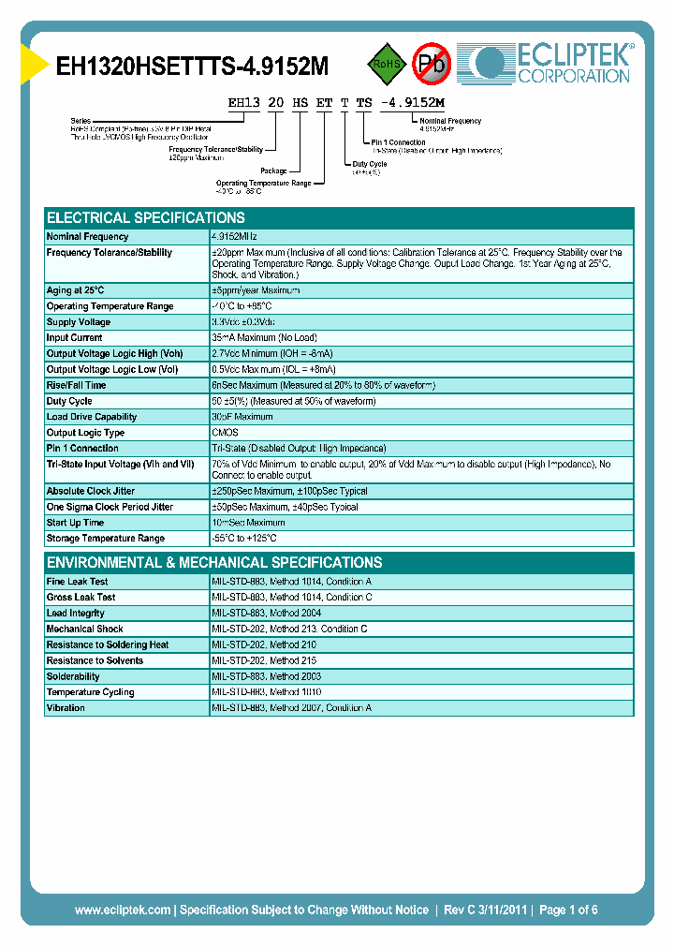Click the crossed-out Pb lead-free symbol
click(432, 64)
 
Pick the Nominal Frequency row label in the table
click(87, 237)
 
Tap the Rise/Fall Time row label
click(76, 385)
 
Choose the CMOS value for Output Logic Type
click(225, 433)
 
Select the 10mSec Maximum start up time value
click(248, 523)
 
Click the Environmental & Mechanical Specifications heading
click(214, 563)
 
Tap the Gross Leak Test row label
click(81, 598)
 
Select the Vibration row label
click(66, 708)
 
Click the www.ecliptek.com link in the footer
click(123, 910)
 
